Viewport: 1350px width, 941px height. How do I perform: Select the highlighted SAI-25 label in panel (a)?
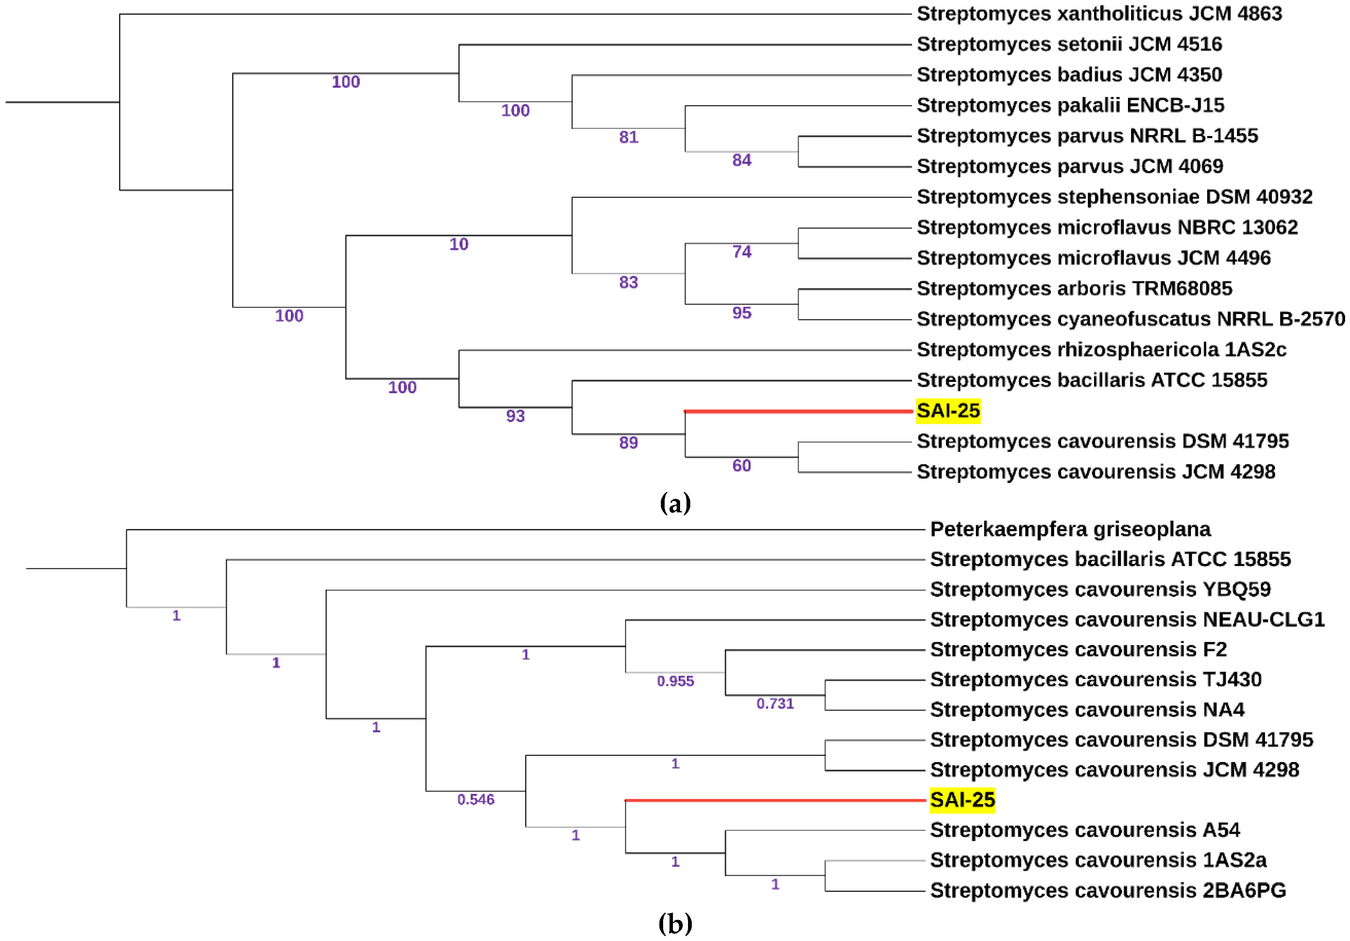[x=948, y=411]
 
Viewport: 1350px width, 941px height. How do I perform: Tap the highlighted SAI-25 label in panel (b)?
[x=962, y=800]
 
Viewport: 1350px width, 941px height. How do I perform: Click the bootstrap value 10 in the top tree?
[x=459, y=244]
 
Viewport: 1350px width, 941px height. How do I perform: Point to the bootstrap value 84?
[x=742, y=160]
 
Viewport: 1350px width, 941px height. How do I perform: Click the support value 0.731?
[x=775, y=703]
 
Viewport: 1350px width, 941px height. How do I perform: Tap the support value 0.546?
[x=476, y=799]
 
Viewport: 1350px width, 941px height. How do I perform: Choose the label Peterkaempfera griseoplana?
[x=1070, y=529]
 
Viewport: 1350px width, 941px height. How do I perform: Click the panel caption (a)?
[x=675, y=503]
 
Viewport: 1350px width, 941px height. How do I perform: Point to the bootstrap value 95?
[x=742, y=313]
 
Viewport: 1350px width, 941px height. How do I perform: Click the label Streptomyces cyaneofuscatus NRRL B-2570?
[x=1130, y=319]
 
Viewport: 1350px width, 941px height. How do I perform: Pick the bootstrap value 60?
[x=742, y=466]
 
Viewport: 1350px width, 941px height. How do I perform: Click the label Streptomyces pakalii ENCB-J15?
[x=1070, y=105]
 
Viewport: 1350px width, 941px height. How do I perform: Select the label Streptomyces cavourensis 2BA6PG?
[x=1108, y=890]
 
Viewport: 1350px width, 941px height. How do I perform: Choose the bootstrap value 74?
[x=742, y=252]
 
